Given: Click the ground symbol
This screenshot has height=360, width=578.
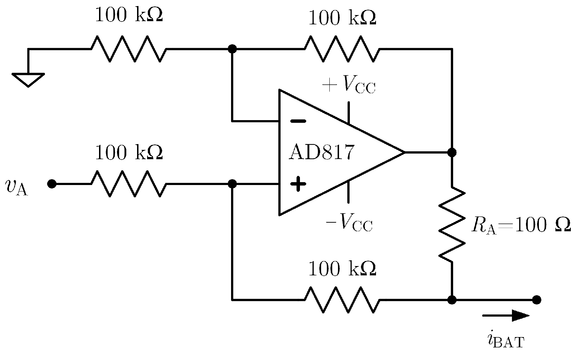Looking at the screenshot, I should [28, 79].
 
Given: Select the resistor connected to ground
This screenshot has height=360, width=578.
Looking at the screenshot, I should [128, 48].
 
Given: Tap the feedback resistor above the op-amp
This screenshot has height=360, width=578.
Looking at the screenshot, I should [342, 48].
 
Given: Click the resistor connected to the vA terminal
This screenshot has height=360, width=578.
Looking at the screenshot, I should [128, 184].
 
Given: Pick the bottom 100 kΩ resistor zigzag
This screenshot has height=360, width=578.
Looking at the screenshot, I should [342, 299].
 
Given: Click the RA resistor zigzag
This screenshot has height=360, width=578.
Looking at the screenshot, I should [452, 225].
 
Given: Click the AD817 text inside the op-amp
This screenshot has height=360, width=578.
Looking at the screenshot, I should [321, 152].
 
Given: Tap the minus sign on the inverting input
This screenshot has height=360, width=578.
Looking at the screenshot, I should [298, 121].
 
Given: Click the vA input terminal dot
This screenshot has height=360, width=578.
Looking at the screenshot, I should [52, 184].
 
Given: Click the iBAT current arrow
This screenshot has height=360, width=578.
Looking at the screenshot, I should [506, 316].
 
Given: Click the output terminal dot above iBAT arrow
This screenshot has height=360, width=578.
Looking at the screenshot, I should [537, 299].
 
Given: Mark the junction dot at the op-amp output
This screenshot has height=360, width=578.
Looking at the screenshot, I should [452, 152].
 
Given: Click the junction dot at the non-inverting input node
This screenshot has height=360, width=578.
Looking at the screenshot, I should [232, 184].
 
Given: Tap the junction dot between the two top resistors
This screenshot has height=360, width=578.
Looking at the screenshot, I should [232, 48].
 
